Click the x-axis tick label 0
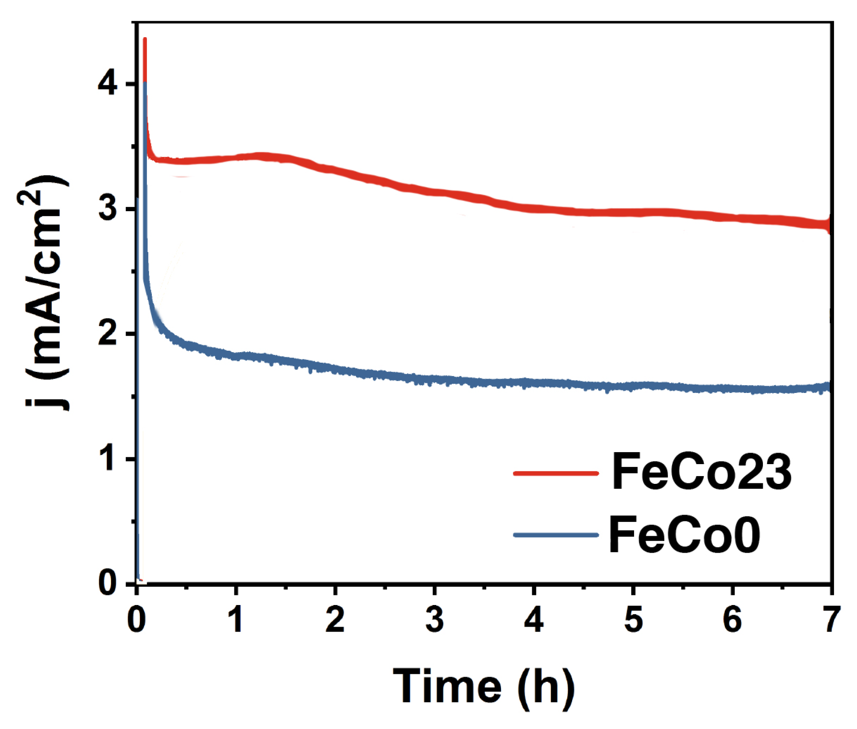tap(136, 620)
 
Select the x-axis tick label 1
tap(236, 620)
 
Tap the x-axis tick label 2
tap(335, 620)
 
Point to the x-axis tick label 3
tap(434, 620)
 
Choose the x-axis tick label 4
tap(534, 620)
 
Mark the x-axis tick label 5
tap(633, 620)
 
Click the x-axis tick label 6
tap(732, 620)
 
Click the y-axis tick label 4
tap(108, 84)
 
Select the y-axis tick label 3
tap(108, 209)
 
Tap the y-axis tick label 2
tap(108, 334)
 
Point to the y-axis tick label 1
tap(108, 459)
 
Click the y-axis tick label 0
tap(108, 583)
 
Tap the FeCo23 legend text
tap(701, 472)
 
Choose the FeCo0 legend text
tap(684, 535)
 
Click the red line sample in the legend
tap(556, 473)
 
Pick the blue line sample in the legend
tap(556, 535)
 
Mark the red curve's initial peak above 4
tap(145, 40)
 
